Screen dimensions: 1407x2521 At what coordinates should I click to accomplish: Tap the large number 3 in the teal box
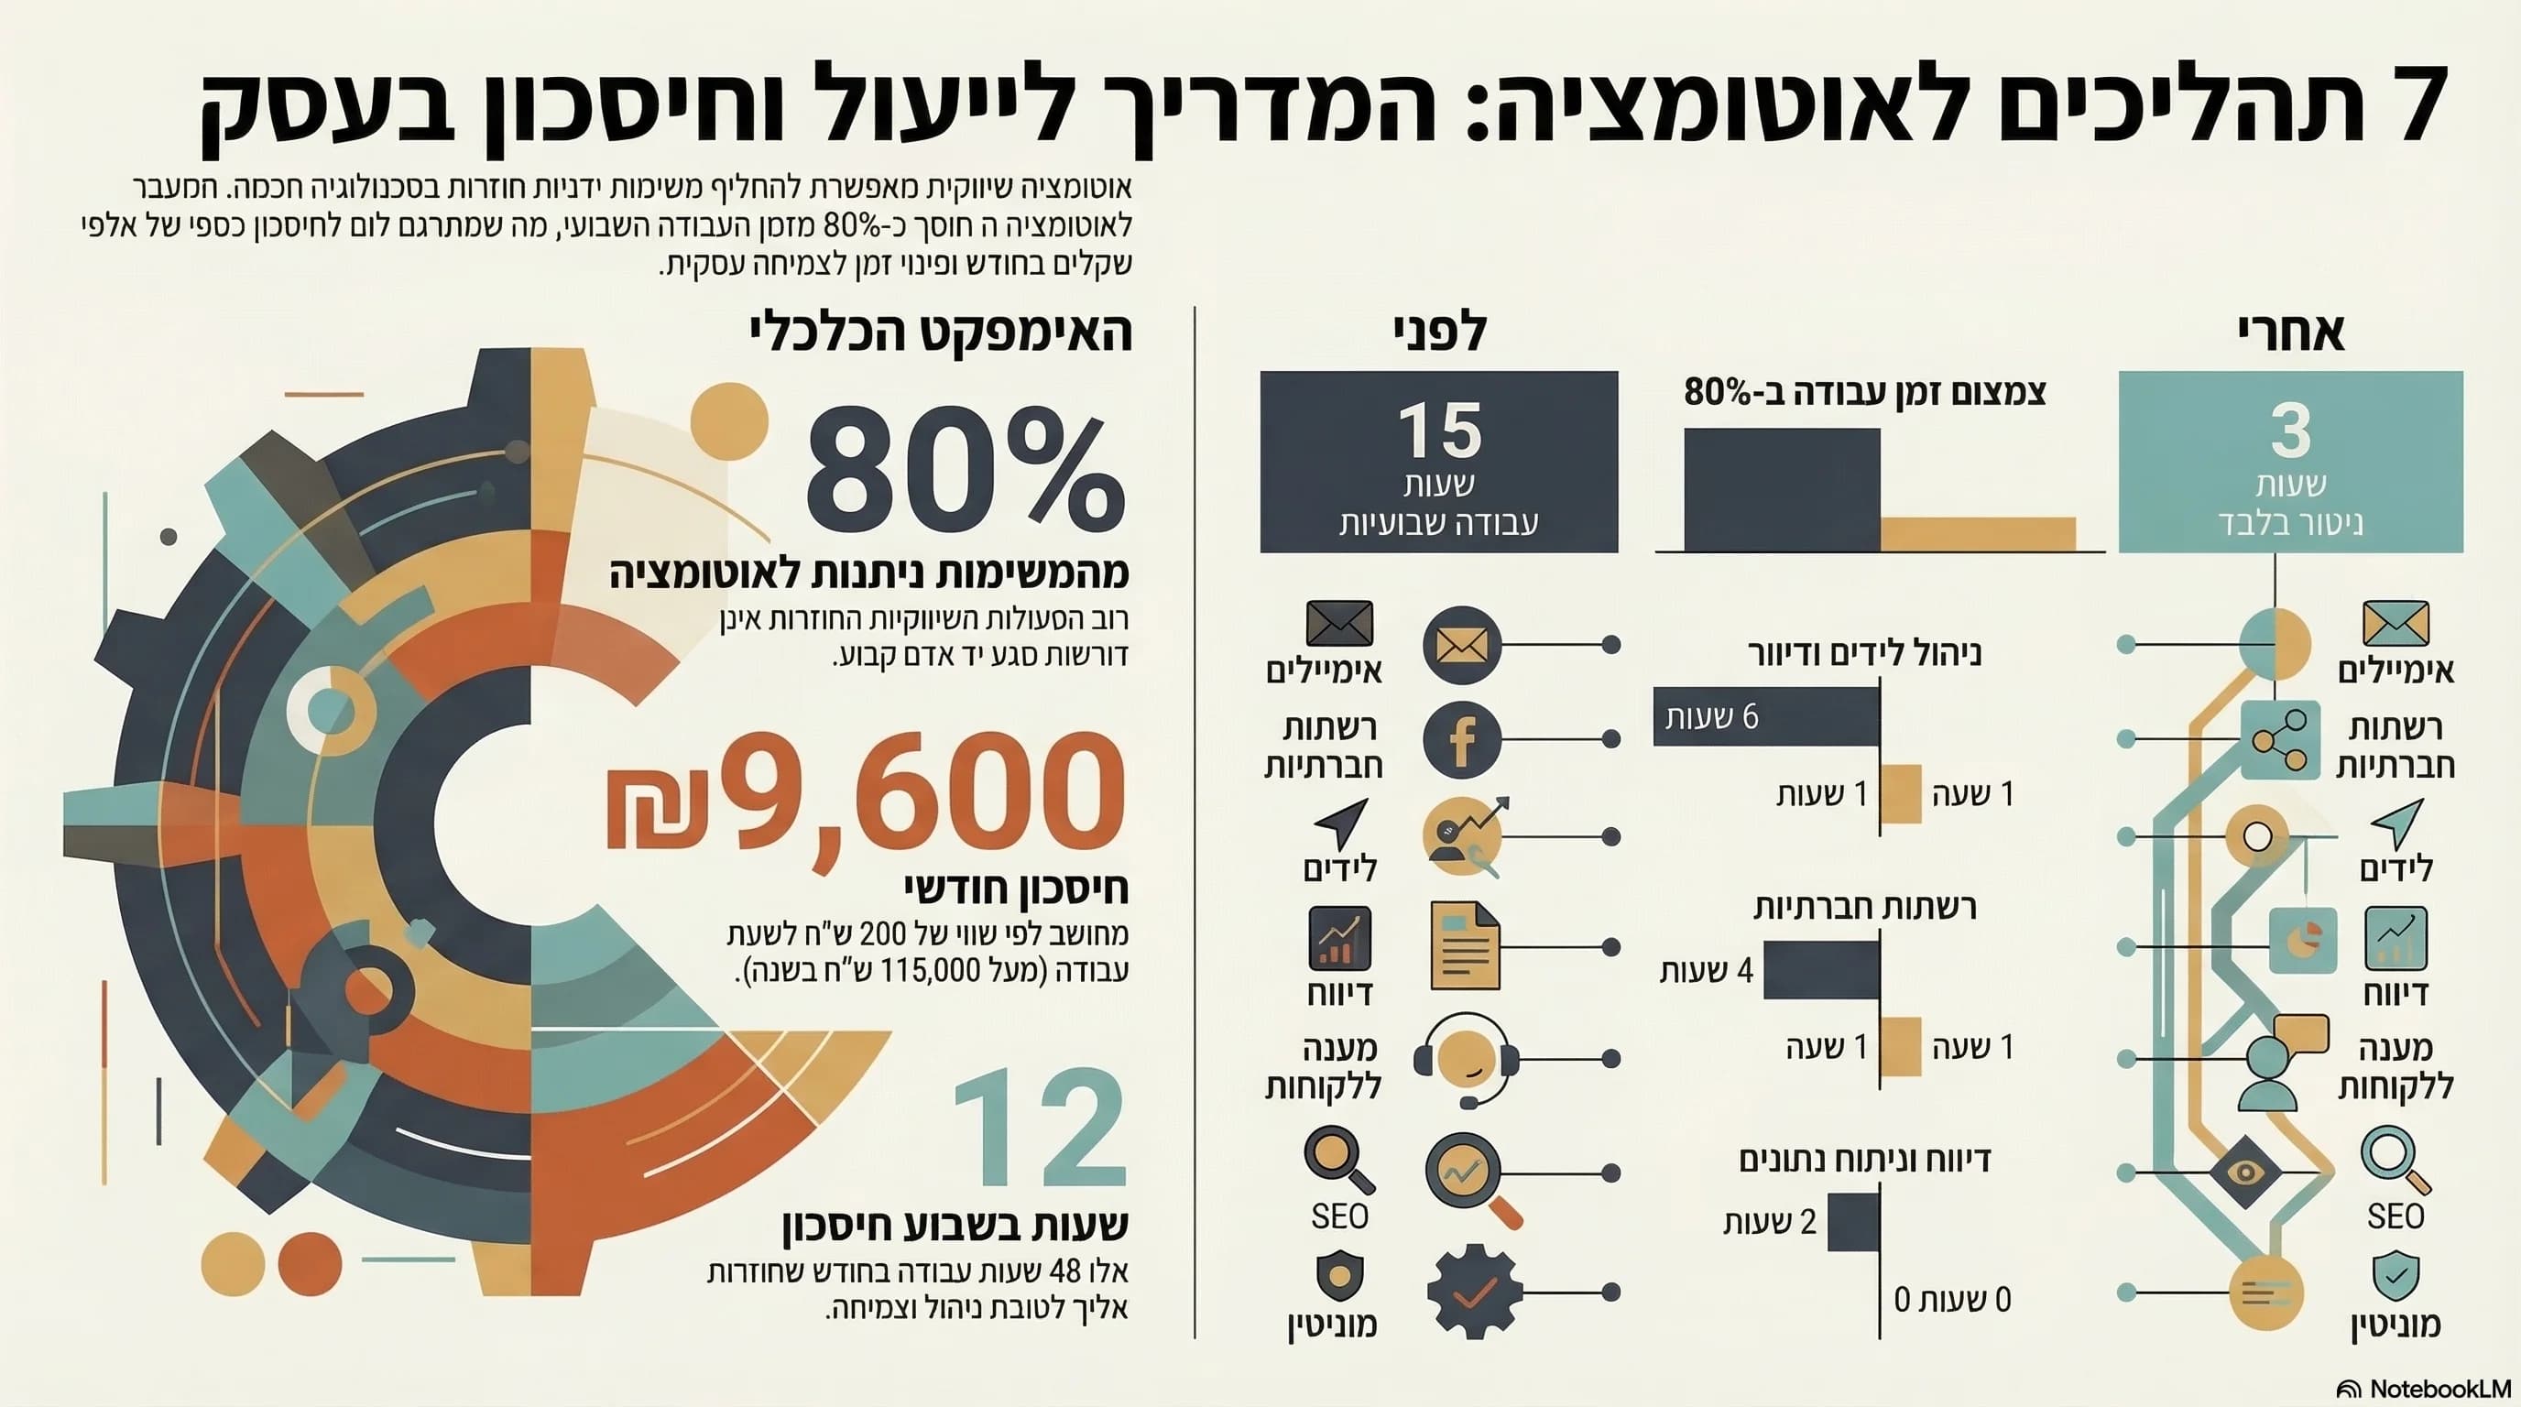[2290, 430]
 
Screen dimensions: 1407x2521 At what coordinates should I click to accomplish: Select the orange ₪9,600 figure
[866, 792]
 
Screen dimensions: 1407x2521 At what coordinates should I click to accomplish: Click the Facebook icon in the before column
[1462, 740]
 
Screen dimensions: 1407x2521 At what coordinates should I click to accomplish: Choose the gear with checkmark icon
[1474, 1292]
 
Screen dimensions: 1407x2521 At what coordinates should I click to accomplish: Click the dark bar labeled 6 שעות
[1766, 716]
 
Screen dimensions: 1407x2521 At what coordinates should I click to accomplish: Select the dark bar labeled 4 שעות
[1821, 970]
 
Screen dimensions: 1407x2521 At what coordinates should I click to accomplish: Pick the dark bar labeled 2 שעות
[1852, 1221]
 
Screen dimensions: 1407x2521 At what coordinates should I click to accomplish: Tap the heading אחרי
[2290, 333]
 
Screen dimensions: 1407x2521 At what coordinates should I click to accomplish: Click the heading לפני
[1440, 333]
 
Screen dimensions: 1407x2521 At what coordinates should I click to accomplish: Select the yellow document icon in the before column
[1464, 946]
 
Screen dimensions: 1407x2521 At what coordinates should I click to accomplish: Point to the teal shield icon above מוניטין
[2395, 1275]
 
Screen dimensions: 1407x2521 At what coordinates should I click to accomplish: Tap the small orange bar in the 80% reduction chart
[1977, 533]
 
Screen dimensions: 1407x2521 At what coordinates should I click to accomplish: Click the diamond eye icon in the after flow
[2245, 1172]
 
